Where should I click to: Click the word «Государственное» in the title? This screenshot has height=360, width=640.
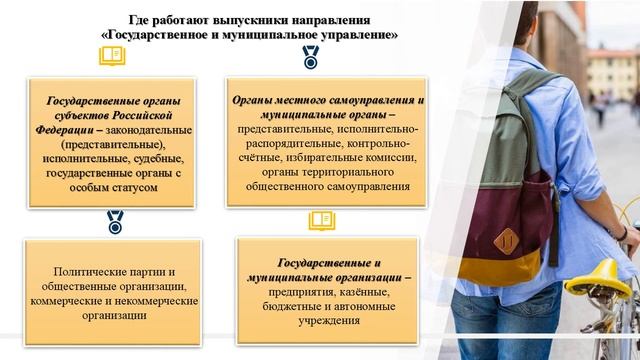click(x=156, y=34)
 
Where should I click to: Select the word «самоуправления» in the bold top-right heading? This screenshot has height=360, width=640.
click(x=371, y=102)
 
